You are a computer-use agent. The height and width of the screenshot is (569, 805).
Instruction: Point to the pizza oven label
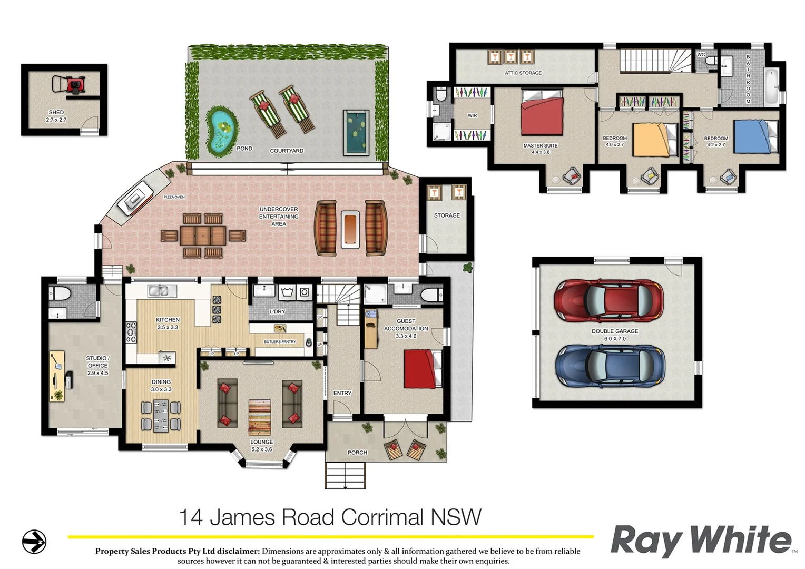pyautogui.click(x=174, y=197)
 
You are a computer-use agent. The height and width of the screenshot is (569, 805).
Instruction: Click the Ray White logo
pyautogui.click(x=701, y=541)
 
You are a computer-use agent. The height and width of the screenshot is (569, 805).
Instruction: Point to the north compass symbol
pyautogui.click(x=34, y=542)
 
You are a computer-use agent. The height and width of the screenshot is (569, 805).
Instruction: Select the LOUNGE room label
pyautogui.click(x=261, y=442)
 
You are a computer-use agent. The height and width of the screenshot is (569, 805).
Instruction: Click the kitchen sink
pyautogui.click(x=162, y=290)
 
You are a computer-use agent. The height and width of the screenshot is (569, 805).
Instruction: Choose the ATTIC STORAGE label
pyautogui.click(x=523, y=73)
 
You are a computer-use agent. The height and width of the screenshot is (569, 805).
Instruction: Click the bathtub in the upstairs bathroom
pyautogui.click(x=772, y=86)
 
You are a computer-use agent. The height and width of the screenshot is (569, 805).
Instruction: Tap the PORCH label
pyautogui.click(x=357, y=453)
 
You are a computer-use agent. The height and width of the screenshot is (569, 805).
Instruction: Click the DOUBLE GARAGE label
pyautogui.click(x=614, y=331)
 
